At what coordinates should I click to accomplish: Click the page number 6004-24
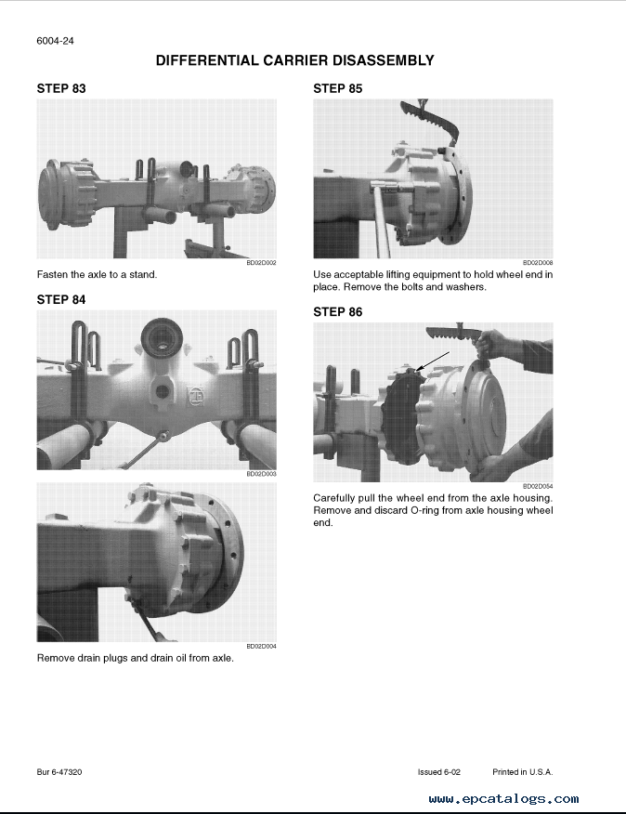pyautogui.click(x=55, y=41)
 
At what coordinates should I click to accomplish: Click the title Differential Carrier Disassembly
pyautogui.click(x=294, y=60)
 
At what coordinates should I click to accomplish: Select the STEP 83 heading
pyautogui.click(x=61, y=89)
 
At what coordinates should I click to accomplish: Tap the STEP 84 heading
pyautogui.click(x=61, y=299)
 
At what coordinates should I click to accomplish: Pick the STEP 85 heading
pyautogui.click(x=337, y=89)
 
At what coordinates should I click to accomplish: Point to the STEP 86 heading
pyautogui.click(x=337, y=312)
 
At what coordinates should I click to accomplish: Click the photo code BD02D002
pyautogui.click(x=261, y=263)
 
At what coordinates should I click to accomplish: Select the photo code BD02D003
pyautogui.click(x=261, y=474)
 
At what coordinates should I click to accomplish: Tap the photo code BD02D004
pyautogui.click(x=261, y=647)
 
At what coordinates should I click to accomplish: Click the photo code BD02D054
pyautogui.click(x=538, y=486)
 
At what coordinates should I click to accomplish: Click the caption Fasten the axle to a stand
pyautogui.click(x=98, y=275)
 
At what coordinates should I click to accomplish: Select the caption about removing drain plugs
pyautogui.click(x=136, y=658)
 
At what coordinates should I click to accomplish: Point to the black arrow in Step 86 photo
pyautogui.click(x=433, y=361)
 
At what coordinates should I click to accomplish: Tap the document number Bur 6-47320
pyautogui.click(x=59, y=772)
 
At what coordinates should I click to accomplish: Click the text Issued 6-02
pyautogui.click(x=439, y=772)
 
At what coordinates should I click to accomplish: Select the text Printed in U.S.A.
pyautogui.click(x=523, y=772)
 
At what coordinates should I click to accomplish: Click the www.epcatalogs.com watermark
pyautogui.click(x=503, y=799)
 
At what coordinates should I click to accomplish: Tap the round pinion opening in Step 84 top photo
pyautogui.click(x=162, y=338)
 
